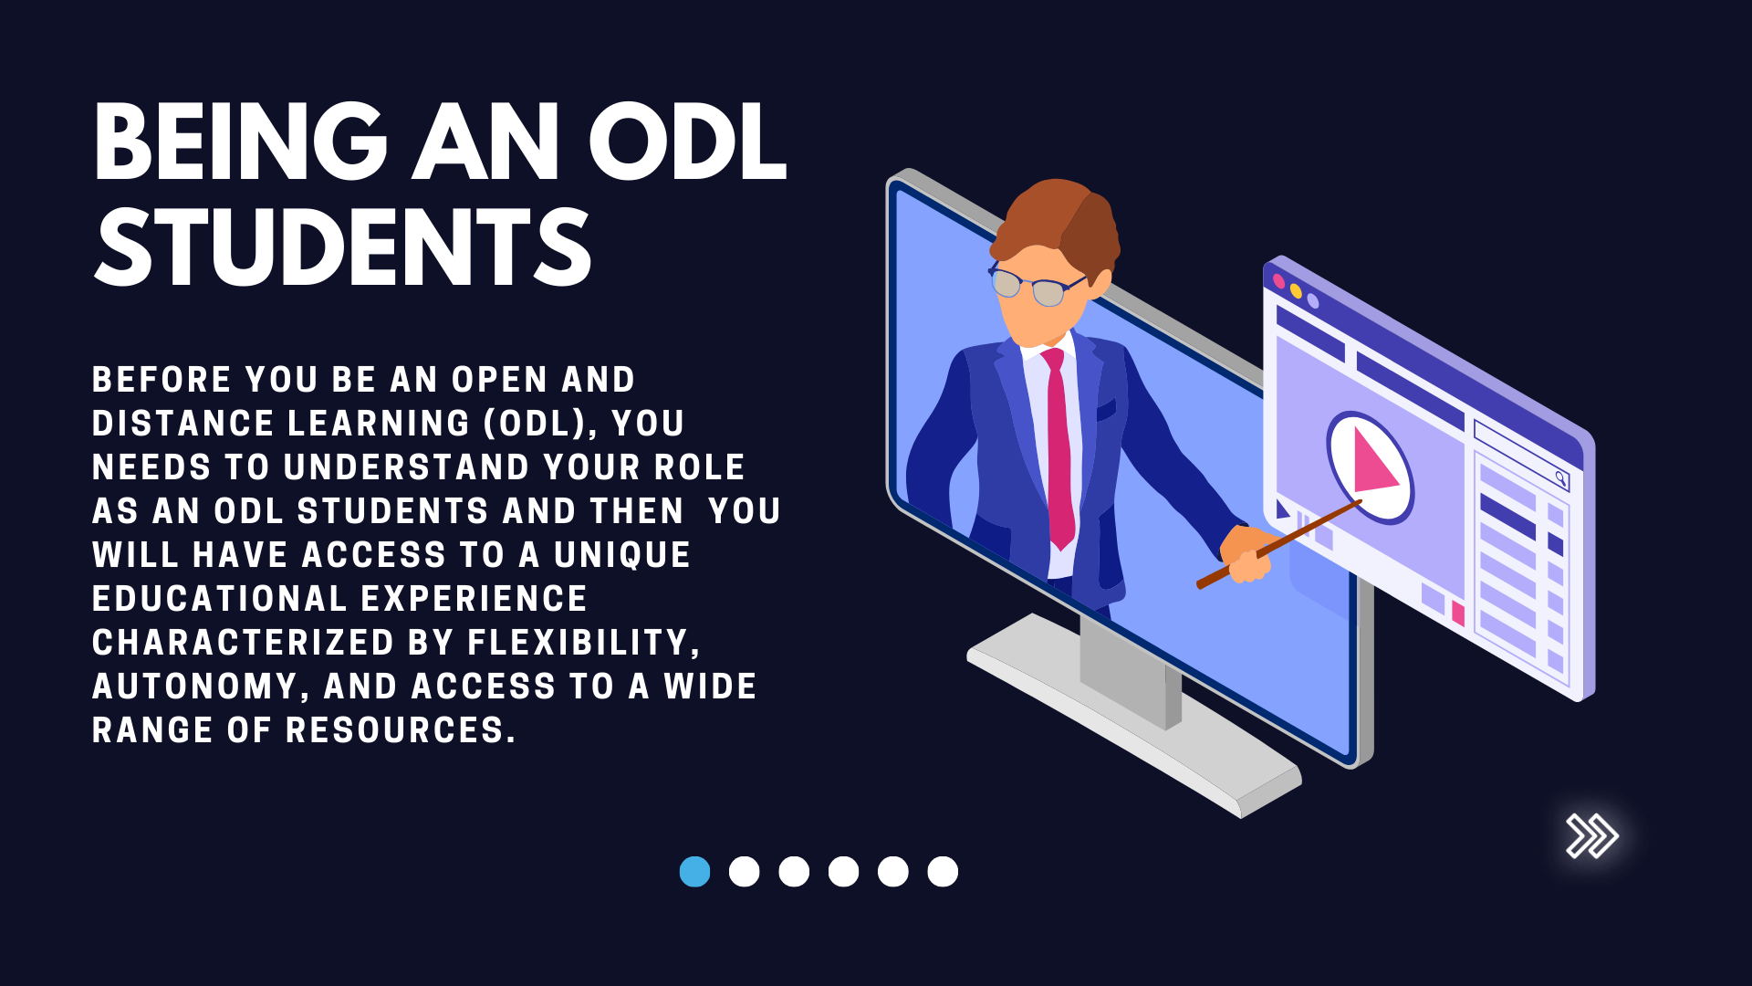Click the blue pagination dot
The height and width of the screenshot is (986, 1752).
click(694, 872)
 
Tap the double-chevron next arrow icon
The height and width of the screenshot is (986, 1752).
click(1592, 835)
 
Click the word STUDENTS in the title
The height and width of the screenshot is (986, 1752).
click(344, 246)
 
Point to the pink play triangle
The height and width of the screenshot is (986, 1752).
click(1373, 460)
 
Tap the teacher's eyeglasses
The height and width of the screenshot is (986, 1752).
click(1036, 286)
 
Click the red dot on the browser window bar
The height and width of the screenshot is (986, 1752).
click(1278, 281)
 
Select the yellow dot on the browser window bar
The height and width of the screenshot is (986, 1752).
click(1296, 291)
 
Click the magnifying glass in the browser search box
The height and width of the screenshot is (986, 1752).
click(1561, 477)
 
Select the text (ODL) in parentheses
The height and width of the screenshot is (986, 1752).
click(538, 424)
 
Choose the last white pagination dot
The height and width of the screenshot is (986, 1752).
click(943, 872)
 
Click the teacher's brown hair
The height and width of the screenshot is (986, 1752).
click(1058, 219)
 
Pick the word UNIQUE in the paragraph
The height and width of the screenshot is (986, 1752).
click(622, 555)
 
